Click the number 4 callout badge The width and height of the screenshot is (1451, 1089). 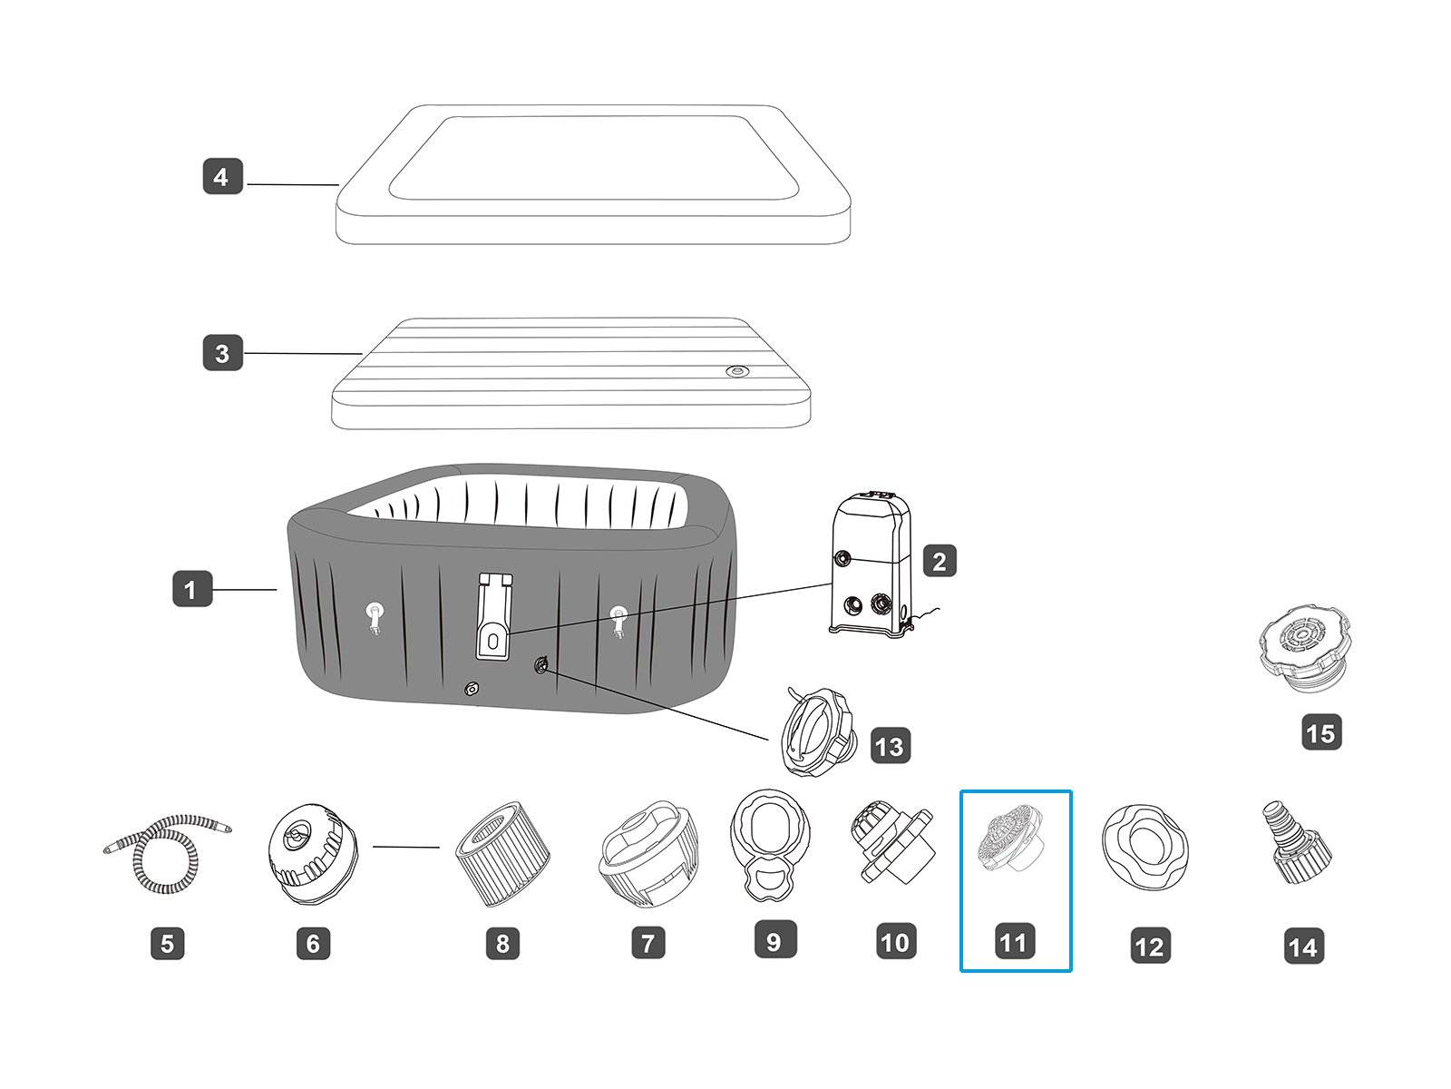[222, 177]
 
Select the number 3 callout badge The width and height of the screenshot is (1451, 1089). [222, 353]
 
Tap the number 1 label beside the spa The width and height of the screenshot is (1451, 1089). [191, 589]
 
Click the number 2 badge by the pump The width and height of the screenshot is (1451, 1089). [940, 562]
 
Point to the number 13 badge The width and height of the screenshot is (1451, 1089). [890, 746]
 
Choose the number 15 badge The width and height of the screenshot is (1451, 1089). [1320, 732]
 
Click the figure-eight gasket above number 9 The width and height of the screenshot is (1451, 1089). [768, 844]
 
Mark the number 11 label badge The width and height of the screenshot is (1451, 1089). [1013, 942]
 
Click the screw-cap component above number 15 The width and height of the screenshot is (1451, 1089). [1304, 648]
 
